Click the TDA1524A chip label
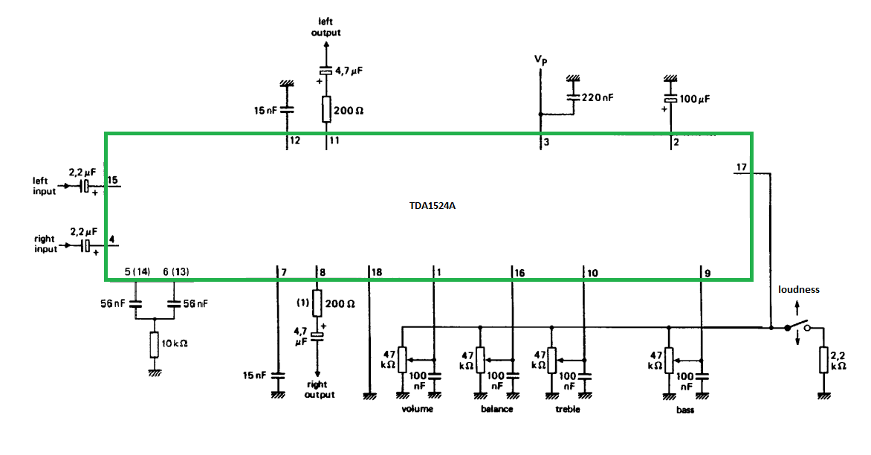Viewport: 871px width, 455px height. (x=427, y=206)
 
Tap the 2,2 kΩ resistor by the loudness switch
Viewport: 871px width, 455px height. (x=823, y=360)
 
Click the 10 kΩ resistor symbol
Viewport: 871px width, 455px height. (x=155, y=345)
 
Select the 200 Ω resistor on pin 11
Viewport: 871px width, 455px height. (x=326, y=109)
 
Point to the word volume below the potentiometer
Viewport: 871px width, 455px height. (x=417, y=409)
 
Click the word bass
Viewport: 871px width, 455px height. (x=685, y=410)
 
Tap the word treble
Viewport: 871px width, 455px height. (x=567, y=409)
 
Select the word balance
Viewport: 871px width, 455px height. (x=496, y=409)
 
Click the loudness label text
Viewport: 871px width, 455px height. (x=799, y=289)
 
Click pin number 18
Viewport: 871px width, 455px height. (x=377, y=274)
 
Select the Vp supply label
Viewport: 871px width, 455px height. (x=541, y=59)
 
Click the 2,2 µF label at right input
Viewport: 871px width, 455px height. (x=83, y=232)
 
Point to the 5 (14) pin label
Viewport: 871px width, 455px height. (x=136, y=273)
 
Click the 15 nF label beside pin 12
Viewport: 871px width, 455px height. (x=265, y=110)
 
